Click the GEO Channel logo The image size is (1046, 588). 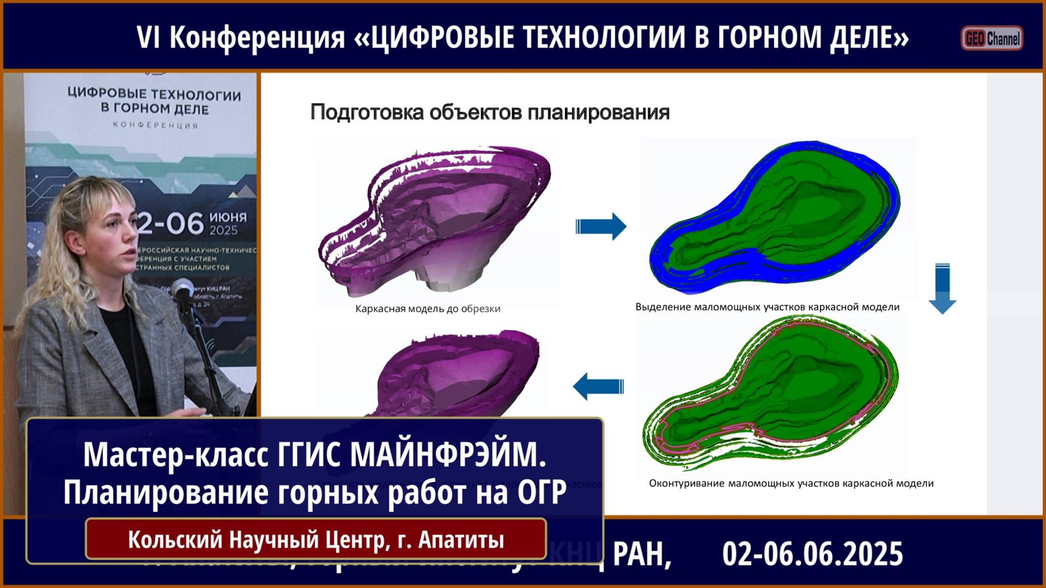click(x=992, y=38)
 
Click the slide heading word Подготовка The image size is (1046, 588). click(x=367, y=112)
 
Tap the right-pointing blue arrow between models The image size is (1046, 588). click(x=601, y=227)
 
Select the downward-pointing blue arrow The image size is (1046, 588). click(x=942, y=289)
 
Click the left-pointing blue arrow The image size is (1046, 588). click(x=598, y=386)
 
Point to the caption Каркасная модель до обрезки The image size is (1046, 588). click(x=428, y=309)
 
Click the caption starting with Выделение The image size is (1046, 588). click(x=767, y=307)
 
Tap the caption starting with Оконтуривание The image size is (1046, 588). click(x=791, y=484)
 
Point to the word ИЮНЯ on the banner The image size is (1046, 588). click(x=228, y=217)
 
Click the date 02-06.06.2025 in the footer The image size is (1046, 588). click(x=812, y=554)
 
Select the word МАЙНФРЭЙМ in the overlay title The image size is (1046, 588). click(x=448, y=454)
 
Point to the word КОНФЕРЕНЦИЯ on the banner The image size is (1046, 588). click(x=156, y=125)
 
